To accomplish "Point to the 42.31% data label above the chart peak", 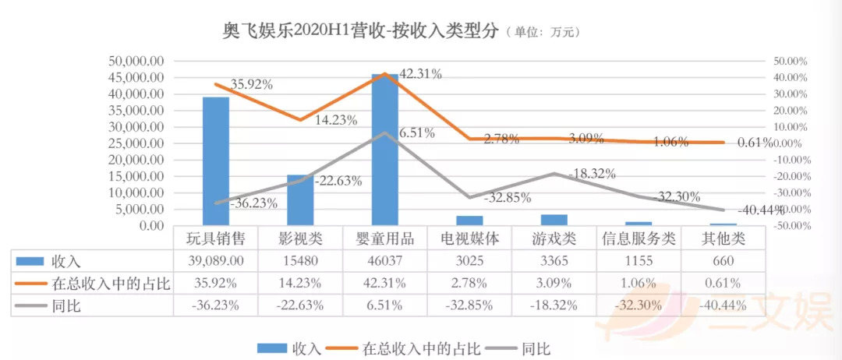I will coord(421,75).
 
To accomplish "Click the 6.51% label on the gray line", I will coord(416,133).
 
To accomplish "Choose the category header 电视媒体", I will coord(469,238).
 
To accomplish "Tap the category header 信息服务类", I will coord(639,238).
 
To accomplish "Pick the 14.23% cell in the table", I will coord(300,284).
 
